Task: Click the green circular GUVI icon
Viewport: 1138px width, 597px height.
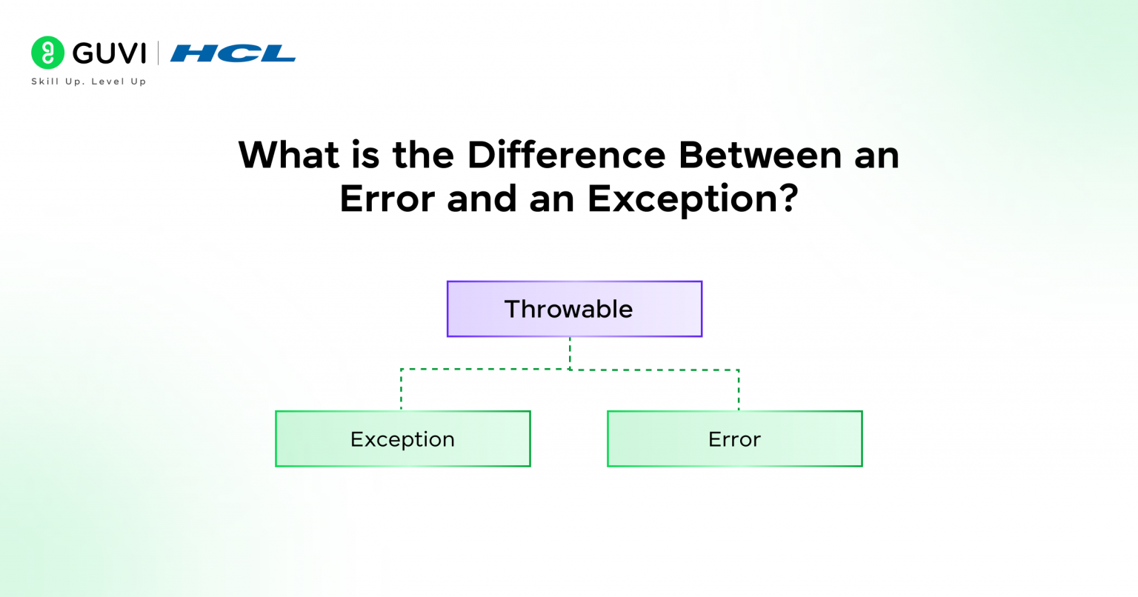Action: pos(47,53)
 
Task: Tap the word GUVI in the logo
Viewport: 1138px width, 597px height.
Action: pos(110,53)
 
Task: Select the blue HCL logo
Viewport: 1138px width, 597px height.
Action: pos(233,53)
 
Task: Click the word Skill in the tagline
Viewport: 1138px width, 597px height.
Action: pos(44,81)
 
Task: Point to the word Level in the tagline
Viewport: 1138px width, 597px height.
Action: pos(107,81)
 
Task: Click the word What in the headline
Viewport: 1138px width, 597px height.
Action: pos(287,156)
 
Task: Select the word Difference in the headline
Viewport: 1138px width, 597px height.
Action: pos(567,156)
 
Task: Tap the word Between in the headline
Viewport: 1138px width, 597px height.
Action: pos(760,156)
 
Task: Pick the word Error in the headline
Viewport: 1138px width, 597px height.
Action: pos(387,199)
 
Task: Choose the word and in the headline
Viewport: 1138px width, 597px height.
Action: pos(481,199)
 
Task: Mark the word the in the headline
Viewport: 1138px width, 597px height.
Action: pos(424,156)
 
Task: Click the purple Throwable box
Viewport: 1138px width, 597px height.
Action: pos(574,309)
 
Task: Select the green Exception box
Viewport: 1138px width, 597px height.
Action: pos(402,438)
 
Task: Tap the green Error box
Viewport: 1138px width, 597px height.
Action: pos(734,438)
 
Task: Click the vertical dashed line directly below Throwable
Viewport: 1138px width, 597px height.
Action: pos(570,353)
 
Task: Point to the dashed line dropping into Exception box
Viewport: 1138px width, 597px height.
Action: pos(401,391)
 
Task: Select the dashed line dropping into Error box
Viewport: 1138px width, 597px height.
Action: pos(739,391)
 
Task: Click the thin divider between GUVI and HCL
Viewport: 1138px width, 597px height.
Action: pos(158,53)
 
